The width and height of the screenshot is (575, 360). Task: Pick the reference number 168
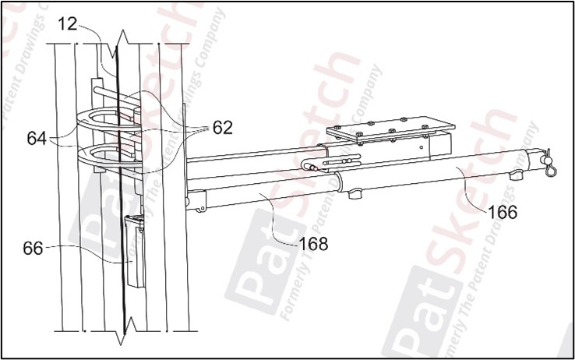[312, 244]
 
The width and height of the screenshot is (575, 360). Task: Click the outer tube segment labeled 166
[436, 175]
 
